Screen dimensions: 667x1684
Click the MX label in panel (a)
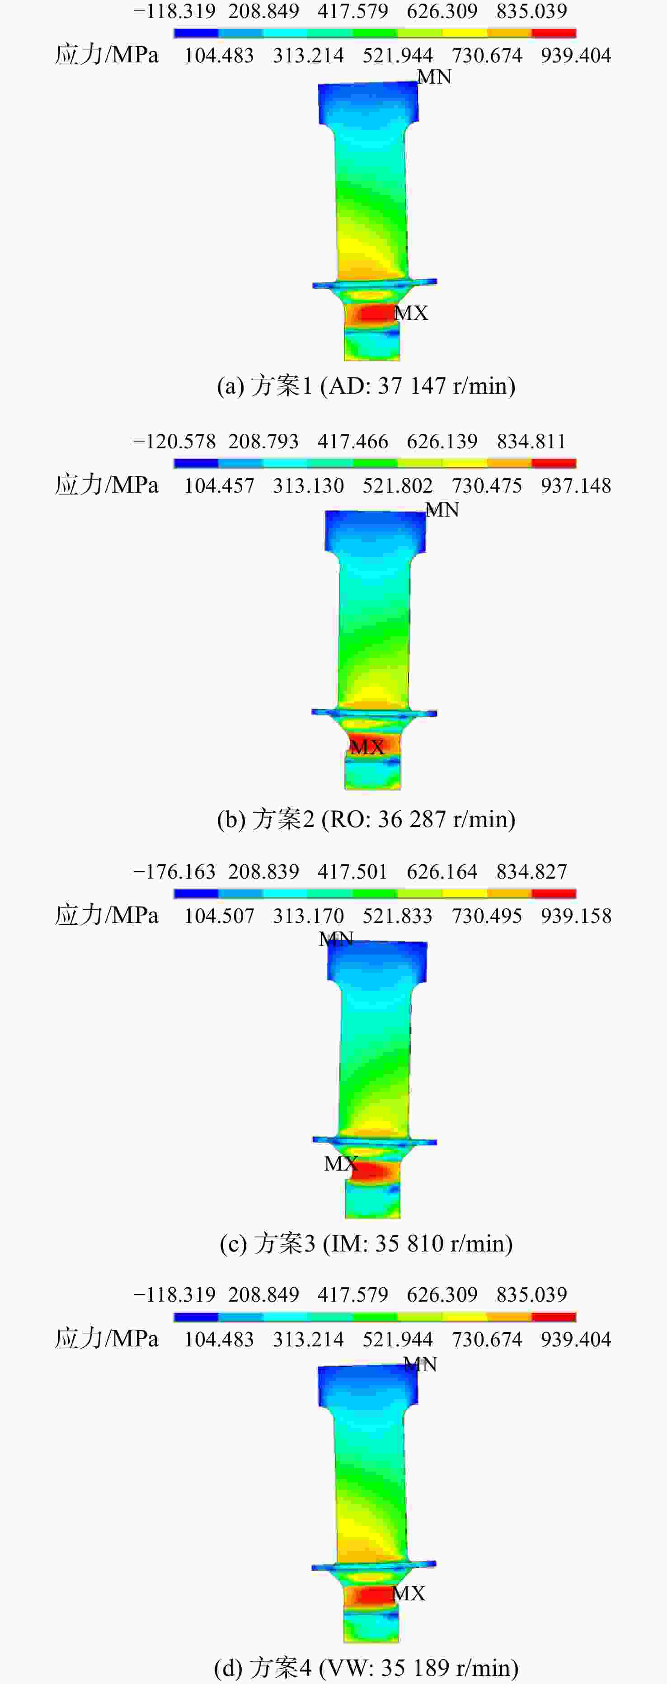click(x=411, y=313)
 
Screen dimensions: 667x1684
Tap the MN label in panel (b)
click(x=442, y=510)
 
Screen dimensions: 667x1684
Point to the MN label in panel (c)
click(x=336, y=940)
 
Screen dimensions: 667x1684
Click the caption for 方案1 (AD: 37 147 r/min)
click(x=366, y=386)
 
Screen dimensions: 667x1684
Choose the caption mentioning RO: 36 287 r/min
click(x=366, y=818)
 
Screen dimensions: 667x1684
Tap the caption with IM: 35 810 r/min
click(x=366, y=1243)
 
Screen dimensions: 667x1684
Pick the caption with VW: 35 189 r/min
click(x=366, y=1668)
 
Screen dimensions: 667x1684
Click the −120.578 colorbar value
click(x=174, y=441)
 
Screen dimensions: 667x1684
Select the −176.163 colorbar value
click(x=174, y=871)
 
